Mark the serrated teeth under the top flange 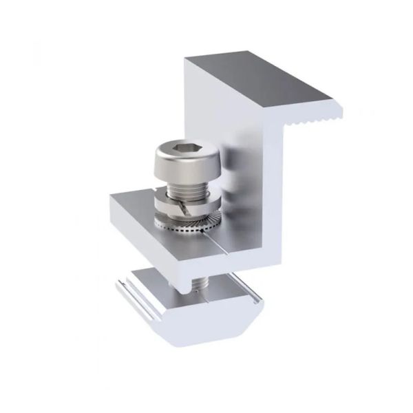tap(317, 125)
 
